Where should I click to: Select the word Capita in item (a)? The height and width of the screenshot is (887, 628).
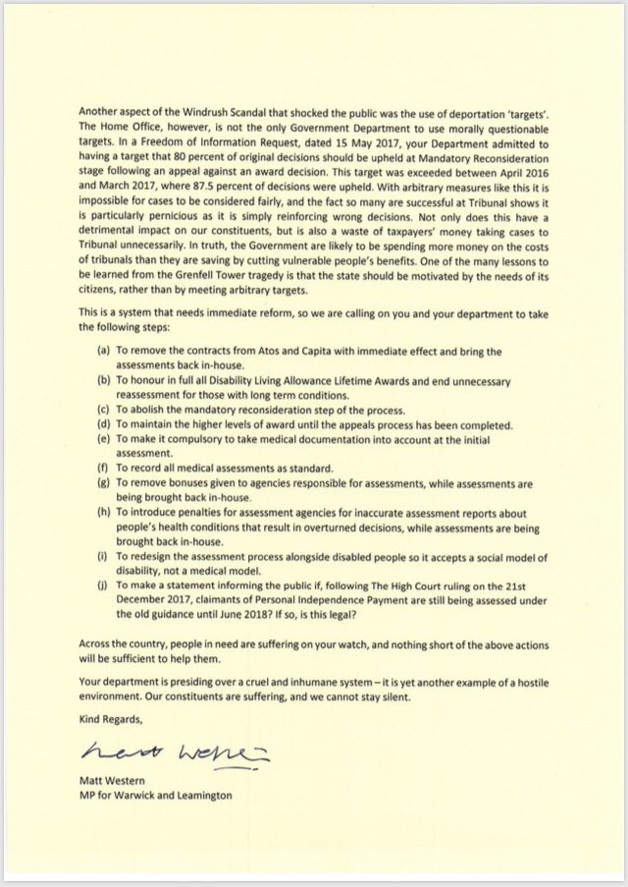(x=318, y=351)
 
